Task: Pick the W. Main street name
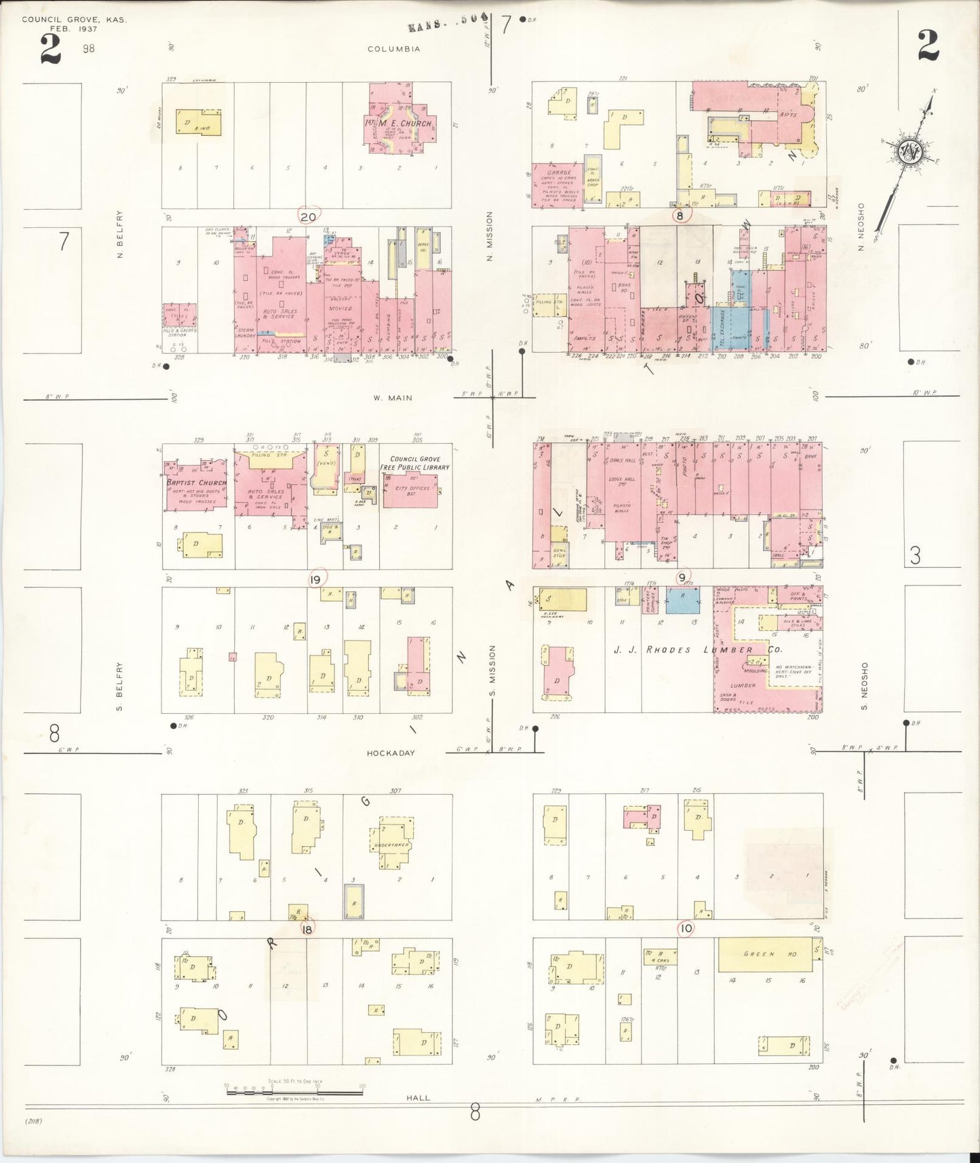(x=384, y=398)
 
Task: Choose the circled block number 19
(x=315, y=579)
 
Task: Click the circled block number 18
(x=307, y=929)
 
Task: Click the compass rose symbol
(x=907, y=153)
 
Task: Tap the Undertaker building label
(x=388, y=845)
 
